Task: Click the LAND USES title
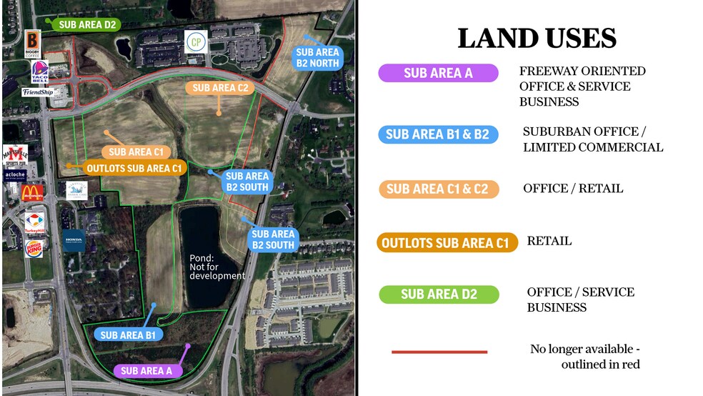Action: click(x=537, y=38)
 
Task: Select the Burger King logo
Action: click(x=34, y=248)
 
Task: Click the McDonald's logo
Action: click(x=33, y=192)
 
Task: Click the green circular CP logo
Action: click(x=196, y=42)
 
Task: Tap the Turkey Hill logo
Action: click(x=34, y=222)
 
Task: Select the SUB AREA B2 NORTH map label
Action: click(x=317, y=57)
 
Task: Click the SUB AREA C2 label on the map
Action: click(x=220, y=88)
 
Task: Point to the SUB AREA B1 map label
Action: click(x=132, y=335)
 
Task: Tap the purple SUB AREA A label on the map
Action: click(x=146, y=371)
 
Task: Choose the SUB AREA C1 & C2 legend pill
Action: click(x=437, y=189)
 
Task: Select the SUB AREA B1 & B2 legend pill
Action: click(x=437, y=134)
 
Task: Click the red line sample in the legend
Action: click(x=439, y=352)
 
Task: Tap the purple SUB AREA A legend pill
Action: click(x=437, y=73)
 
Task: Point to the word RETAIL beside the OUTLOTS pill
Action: click(x=549, y=241)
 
